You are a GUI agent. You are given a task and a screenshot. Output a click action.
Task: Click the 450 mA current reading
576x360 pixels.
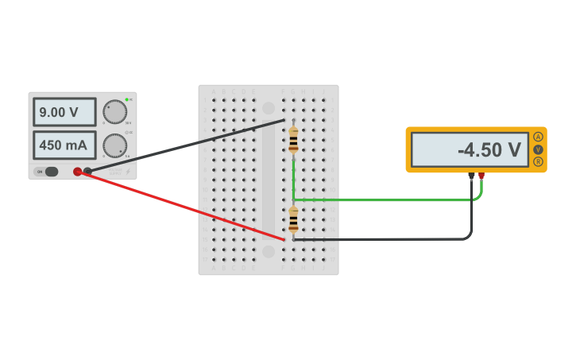click(x=64, y=145)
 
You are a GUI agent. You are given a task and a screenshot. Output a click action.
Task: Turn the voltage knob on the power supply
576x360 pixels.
click(x=114, y=112)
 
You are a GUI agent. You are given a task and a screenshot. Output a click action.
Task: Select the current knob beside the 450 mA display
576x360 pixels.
click(x=114, y=145)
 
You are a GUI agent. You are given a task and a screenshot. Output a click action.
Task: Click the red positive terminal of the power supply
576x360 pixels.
click(x=77, y=172)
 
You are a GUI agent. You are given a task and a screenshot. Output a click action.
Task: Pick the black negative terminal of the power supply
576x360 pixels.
click(x=87, y=171)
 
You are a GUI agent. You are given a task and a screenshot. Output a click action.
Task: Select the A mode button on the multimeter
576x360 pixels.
click(x=538, y=137)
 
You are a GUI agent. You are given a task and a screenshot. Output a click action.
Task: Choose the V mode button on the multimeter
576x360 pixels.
click(x=538, y=149)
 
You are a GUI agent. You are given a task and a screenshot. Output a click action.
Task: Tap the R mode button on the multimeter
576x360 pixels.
click(x=538, y=162)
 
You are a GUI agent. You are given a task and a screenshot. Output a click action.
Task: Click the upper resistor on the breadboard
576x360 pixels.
click(x=293, y=139)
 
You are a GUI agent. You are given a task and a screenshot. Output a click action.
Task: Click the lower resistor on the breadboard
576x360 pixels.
click(x=293, y=219)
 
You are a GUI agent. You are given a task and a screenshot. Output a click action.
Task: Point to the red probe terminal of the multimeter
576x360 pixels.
click(x=481, y=176)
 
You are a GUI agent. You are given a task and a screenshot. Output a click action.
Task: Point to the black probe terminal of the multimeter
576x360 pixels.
click(x=471, y=176)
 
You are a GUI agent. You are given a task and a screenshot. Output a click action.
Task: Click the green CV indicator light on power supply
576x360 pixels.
click(x=126, y=100)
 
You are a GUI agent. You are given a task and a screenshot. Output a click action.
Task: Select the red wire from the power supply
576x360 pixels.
click(x=183, y=206)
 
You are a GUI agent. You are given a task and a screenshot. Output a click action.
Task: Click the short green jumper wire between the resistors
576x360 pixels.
click(x=293, y=179)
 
